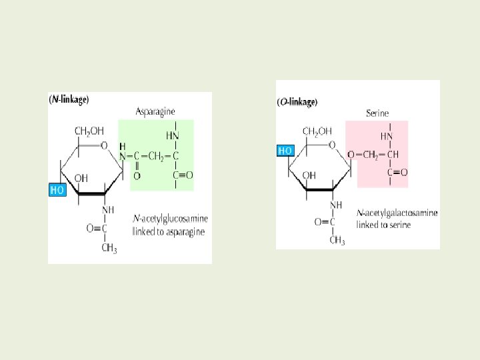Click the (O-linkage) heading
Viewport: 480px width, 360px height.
point(297,102)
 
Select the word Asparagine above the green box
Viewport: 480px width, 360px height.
point(155,111)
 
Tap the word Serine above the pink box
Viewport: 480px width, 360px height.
point(377,113)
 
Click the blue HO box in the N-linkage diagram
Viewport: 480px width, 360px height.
point(58,189)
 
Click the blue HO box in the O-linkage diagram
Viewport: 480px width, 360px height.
point(285,151)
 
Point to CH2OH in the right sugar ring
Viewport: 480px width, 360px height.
point(317,131)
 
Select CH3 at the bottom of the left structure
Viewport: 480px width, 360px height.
point(110,249)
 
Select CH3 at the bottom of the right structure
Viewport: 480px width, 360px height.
point(337,240)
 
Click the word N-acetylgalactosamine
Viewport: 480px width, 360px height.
point(397,213)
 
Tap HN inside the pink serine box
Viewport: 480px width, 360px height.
point(386,136)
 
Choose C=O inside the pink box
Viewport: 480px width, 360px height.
point(397,173)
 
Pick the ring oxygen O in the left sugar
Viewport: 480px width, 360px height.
point(103,145)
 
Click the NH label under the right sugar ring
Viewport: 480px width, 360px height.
point(335,205)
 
